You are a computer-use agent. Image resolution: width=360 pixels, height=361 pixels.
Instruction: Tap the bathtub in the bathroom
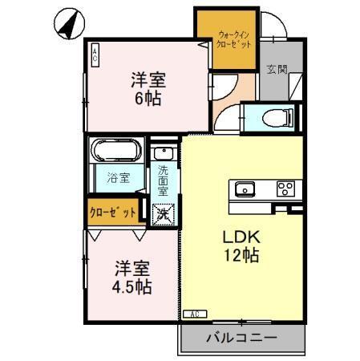point(117,151)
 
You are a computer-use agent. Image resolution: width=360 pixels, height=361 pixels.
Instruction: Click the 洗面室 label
point(164,180)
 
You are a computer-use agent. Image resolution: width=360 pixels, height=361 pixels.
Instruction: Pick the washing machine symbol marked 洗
point(163,213)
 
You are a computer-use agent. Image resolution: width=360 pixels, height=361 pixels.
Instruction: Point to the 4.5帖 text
point(133,286)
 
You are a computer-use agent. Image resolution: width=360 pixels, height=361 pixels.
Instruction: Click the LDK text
point(240,239)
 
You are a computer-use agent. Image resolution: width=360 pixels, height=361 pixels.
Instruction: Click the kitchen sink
point(244,189)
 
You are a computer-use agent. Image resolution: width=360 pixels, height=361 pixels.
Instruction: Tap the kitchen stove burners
point(285,189)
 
